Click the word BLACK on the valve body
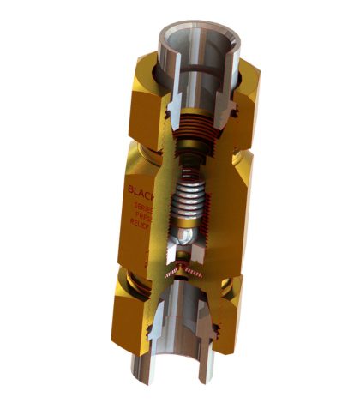pos(137,189)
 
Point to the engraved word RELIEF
pos(142,229)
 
